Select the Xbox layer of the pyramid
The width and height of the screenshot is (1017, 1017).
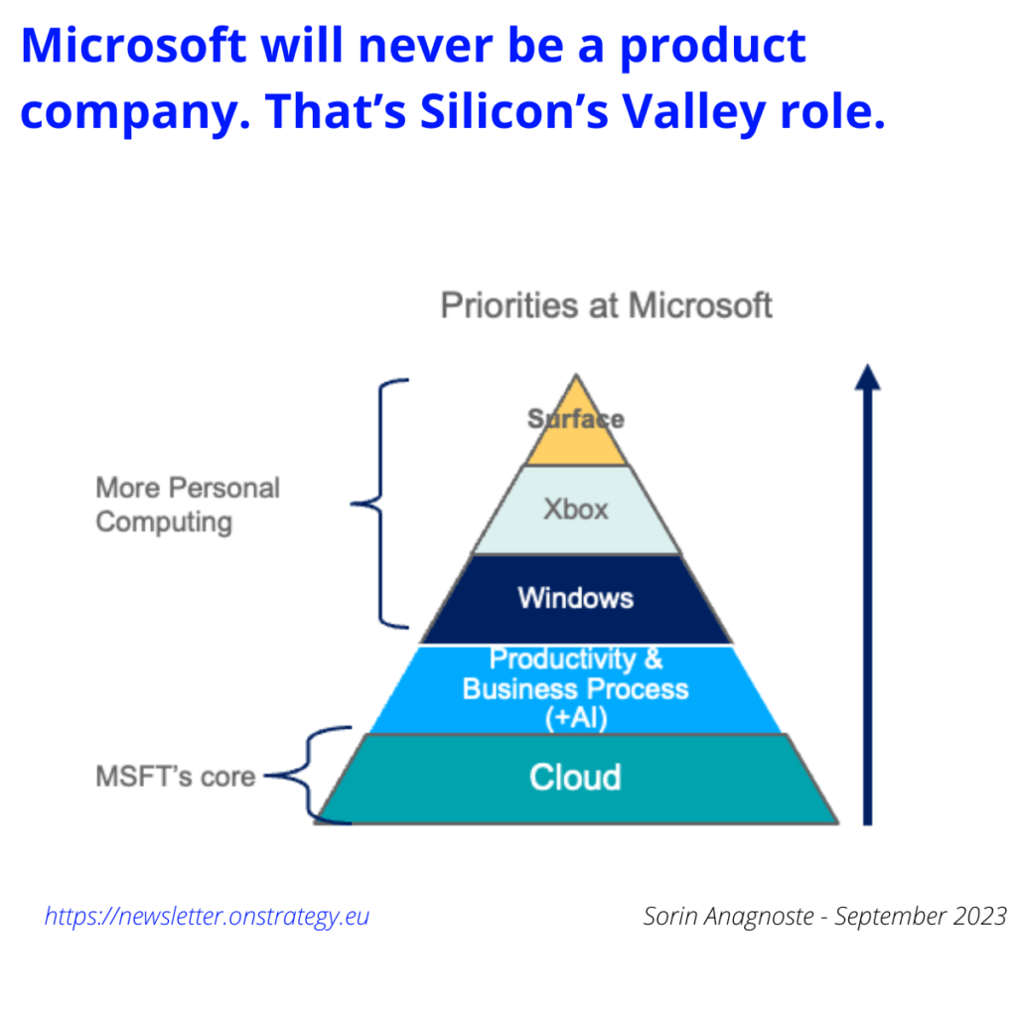(x=576, y=509)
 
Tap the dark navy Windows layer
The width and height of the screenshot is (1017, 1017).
(x=576, y=598)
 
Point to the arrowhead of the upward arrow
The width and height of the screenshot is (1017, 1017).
(x=868, y=378)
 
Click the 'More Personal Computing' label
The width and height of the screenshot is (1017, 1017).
(x=188, y=505)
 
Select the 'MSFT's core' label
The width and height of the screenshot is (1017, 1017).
(x=175, y=777)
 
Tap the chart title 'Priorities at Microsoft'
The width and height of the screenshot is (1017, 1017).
(x=606, y=305)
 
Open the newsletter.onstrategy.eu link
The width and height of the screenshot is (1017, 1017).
(x=207, y=916)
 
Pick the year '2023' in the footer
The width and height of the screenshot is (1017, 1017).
(x=978, y=916)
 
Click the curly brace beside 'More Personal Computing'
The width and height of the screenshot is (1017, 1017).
(x=379, y=504)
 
